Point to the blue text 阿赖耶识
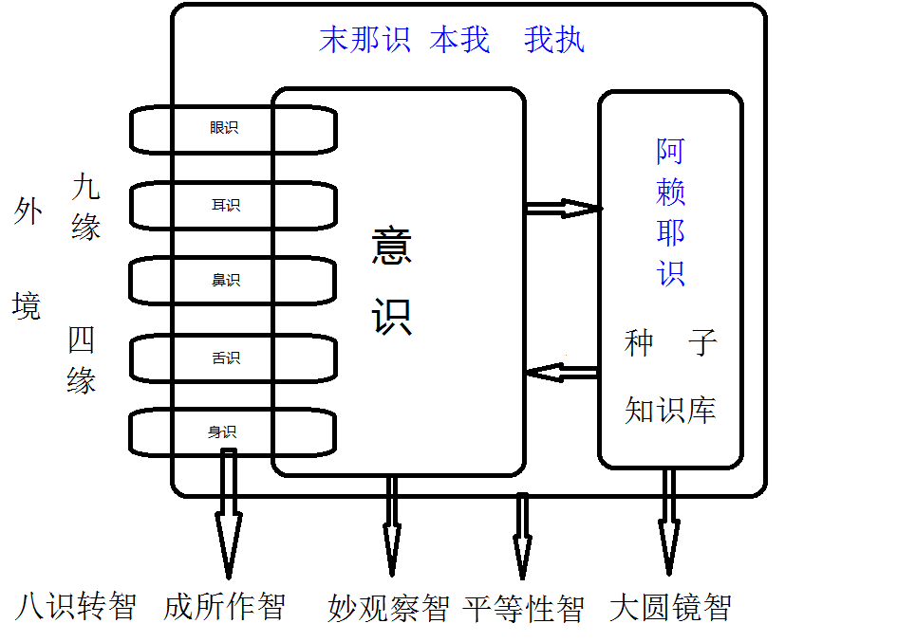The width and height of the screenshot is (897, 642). click(670, 212)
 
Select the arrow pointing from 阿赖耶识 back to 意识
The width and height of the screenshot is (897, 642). click(562, 372)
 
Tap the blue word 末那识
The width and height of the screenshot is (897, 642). click(364, 41)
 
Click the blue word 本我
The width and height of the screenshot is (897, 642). click(459, 41)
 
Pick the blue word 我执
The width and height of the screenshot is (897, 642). click(554, 41)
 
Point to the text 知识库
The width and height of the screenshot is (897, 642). click(670, 410)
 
